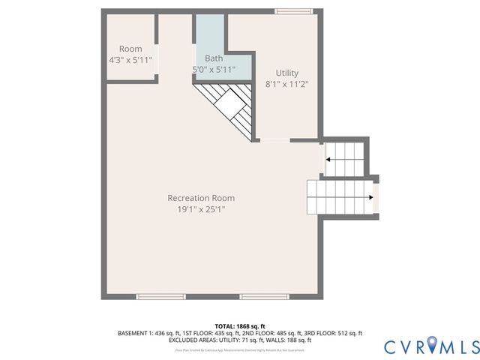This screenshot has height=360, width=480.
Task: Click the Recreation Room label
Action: point(201,198)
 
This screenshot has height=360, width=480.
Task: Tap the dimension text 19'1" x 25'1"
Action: point(201,210)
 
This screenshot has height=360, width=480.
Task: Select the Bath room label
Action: point(214,58)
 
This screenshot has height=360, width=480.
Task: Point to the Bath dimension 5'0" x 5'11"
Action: point(214,70)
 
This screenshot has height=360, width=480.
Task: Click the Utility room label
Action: point(287,73)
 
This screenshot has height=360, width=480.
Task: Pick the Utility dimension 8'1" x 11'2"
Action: point(287,85)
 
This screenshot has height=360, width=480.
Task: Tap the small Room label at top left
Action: point(130,49)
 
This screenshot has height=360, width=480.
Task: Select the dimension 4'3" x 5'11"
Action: point(130,60)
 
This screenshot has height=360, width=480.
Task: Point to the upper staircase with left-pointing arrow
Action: point(343,158)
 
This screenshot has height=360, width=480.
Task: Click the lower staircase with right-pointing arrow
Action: point(341,197)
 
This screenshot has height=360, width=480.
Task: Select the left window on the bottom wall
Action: point(160,297)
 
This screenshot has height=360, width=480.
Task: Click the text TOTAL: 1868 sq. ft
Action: point(240,325)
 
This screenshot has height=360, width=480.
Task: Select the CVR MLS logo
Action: point(430,346)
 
